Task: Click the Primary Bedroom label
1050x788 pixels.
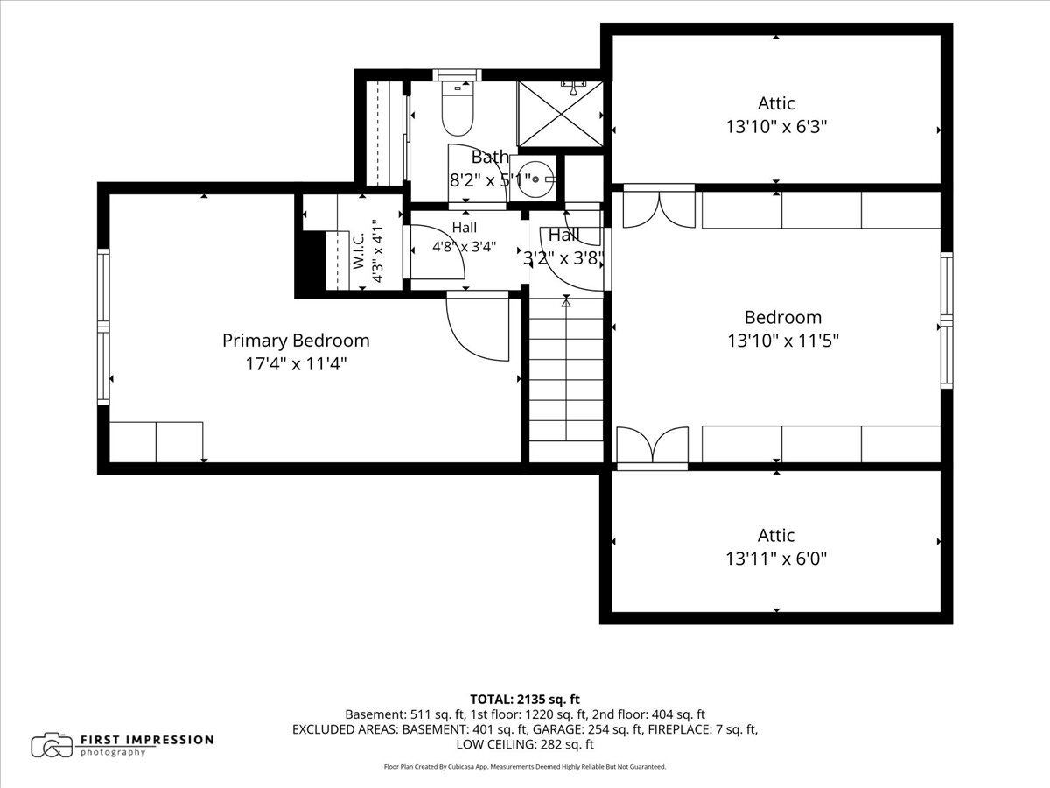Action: (x=296, y=341)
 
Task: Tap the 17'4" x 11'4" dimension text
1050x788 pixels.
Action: (x=296, y=364)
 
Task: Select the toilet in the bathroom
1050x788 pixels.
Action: (x=458, y=109)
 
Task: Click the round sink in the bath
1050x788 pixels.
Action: (x=534, y=179)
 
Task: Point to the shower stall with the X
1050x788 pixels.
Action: (x=560, y=114)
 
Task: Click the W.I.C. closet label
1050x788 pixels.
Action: (x=359, y=250)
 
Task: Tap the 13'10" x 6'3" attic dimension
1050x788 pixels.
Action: (x=776, y=127)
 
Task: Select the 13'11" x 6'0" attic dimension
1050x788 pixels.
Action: (x=776, y=559)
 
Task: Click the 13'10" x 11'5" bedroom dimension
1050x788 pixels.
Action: (x=783, y=341)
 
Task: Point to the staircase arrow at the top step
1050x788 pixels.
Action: (x=566, y=301)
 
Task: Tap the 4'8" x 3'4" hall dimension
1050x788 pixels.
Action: (x=464, y=247)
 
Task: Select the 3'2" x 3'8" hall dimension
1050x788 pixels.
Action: (x=563, y=258)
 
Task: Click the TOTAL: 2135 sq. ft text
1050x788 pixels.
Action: (x=525, y=700)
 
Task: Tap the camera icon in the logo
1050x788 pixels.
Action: (x=52, y=745)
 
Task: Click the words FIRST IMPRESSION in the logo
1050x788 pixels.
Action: (x=147, y=740)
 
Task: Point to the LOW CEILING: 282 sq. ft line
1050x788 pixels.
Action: (x=525, y=744)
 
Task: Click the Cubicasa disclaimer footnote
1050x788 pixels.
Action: (x=525, y=766)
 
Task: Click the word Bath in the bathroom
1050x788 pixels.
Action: (x=490, y=157)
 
